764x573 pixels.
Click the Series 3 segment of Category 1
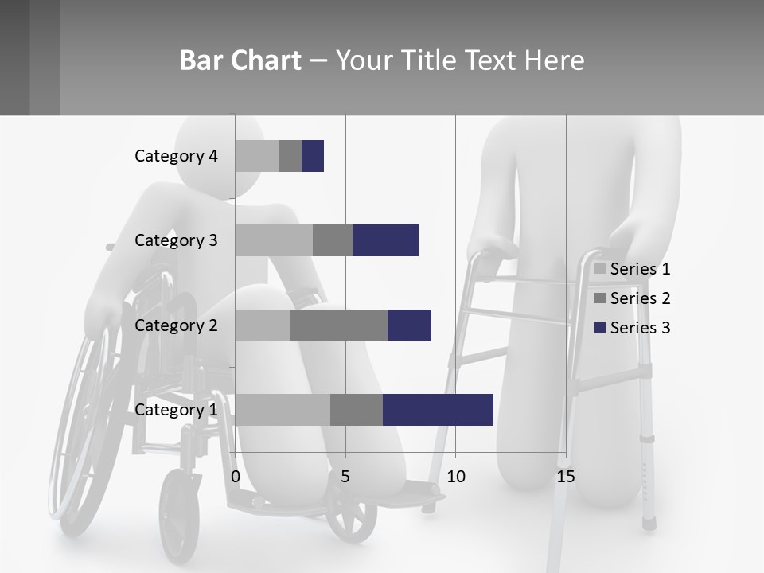(438, 410)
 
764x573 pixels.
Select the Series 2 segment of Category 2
(339, 325)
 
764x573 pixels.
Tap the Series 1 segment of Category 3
(274, 240)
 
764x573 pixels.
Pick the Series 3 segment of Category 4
(313, 156)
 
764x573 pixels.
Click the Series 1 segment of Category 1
(283, 410)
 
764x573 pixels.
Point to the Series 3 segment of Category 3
(385, 240)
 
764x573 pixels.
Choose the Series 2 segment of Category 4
(290, 156)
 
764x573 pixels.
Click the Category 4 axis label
(176, 156)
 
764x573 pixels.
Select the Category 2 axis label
(176, 325)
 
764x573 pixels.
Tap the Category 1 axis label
(176, 410)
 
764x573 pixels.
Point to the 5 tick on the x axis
(345, 477)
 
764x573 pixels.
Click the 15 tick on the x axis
(566, 477)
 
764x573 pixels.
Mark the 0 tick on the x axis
(236, 477)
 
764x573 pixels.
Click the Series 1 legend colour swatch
(600, 269)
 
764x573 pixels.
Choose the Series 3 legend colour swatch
(600, 328)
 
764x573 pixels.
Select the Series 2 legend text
(640, 298)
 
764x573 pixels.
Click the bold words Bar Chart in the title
(240, 60)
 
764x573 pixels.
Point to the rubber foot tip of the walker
(650, 522)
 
